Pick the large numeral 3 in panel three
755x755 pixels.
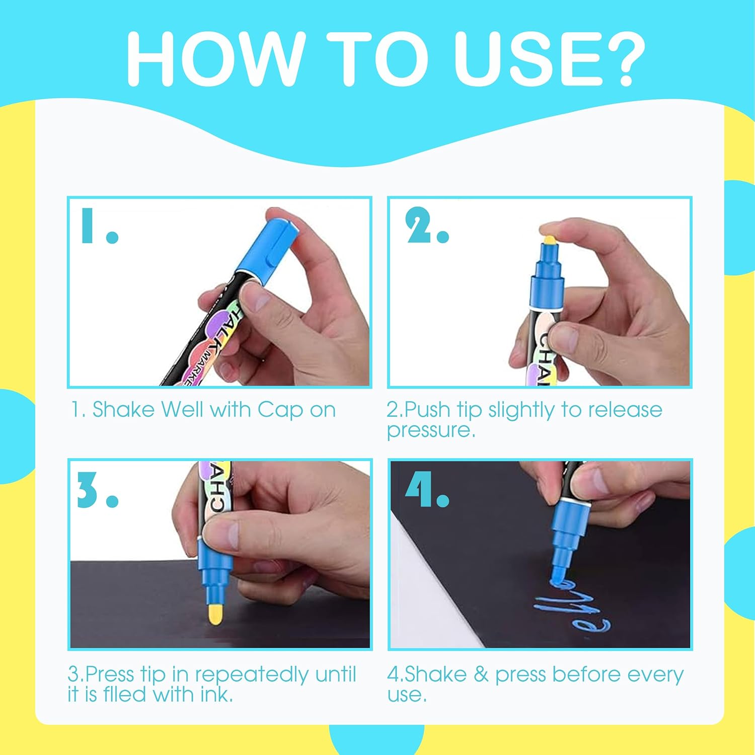(88, 490)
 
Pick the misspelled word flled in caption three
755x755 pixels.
(126, 695)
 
